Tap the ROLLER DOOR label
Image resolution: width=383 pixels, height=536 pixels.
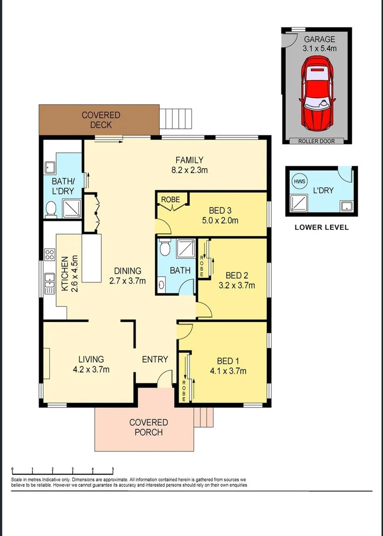(316, 141)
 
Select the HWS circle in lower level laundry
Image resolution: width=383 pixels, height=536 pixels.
(299, 182)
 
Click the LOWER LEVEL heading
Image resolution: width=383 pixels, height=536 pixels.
(321, 227)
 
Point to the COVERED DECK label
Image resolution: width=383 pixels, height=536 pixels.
(101, 120)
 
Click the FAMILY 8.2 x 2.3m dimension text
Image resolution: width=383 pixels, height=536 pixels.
(189, 170)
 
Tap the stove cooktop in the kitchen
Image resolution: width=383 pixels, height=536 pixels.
(50, 255)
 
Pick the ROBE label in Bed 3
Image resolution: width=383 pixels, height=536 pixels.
(170, 200)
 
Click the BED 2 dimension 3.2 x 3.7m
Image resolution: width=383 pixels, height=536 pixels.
(237, 285)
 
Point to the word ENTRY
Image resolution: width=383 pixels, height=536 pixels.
(155, 359)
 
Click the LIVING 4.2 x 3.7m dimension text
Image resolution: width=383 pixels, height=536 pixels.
(91, 369)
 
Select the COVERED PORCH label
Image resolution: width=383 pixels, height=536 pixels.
(149, 427)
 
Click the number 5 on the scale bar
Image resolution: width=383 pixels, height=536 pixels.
(113, 469)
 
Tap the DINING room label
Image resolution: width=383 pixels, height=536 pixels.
(128, 271)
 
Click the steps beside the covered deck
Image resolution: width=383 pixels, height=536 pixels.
(176, 118)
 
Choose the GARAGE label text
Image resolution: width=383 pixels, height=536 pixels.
(319, 39)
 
